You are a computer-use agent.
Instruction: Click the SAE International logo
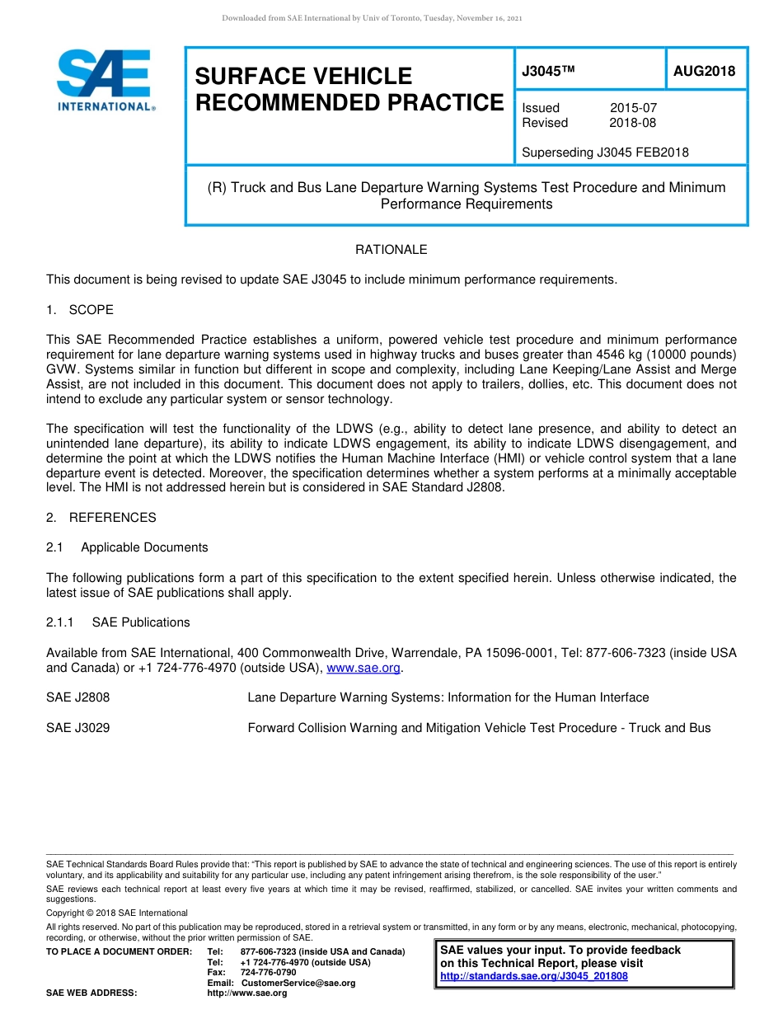tap(105, 80)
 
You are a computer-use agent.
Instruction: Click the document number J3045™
tap(547, 72)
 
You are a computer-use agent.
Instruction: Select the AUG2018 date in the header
tap(704, 72)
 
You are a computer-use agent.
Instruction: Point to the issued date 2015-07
tap(633, 108)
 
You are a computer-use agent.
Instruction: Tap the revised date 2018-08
tap(633, 123)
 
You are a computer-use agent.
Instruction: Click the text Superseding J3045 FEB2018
tap(605, 152)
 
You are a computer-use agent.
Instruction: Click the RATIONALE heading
tap(391, 250)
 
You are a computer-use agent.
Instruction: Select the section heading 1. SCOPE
tap(80, 310)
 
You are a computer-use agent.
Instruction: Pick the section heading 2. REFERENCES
tap(101, 518)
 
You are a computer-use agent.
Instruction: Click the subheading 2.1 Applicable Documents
tap(127, 547)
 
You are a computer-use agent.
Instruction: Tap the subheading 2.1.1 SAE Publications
tap(118, 622)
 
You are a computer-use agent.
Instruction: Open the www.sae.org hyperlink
tap(363, 668)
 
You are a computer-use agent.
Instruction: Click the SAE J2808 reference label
tap(77, 697)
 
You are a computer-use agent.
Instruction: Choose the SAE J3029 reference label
tap(77, 728)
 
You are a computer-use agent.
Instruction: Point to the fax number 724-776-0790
tap(268, 973)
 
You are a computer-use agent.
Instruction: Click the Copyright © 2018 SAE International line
tap(117, 913)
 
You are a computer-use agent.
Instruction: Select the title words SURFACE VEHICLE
tap(302, 76)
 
